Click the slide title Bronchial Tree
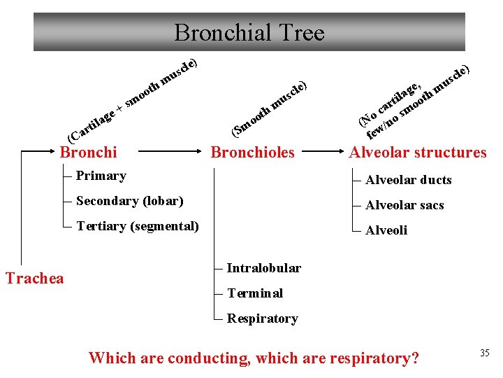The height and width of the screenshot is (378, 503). click(x=249, y=32)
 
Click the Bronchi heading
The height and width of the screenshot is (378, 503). click(x=89, y=152)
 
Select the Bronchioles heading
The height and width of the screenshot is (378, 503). click(x=253, y=152)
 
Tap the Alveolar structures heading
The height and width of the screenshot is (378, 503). click(x=418, y=152)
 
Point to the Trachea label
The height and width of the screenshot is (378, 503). click(x=34, y=278)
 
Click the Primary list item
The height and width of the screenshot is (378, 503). click(x=101, y=176)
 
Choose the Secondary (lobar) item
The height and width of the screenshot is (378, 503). click(x=129, y=201)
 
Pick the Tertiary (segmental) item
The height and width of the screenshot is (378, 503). click(x=138, y=226)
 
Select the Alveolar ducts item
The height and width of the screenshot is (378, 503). click(x=409, y=180)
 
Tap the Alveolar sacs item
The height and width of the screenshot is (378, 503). click(x=404, y=205)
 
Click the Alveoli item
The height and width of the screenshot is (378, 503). click(x=386, y=230)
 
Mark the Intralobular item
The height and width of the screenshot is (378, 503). click(x=264, y=268)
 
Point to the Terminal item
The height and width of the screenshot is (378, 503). click(x=255, y=293)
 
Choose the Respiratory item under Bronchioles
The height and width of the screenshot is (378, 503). click(x=262, y=318)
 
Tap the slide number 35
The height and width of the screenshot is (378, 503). click(x=484, y=353)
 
